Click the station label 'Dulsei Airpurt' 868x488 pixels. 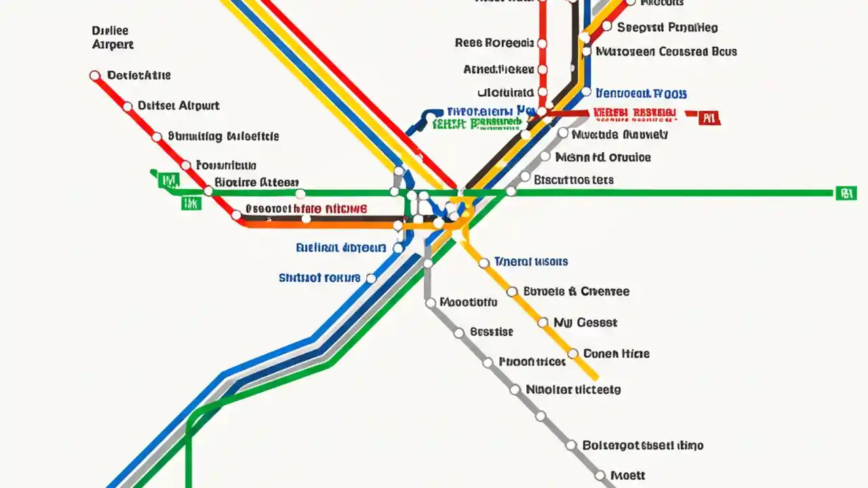pos(178,106)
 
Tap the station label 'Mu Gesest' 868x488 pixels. pos(585,323)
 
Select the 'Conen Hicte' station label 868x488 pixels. pos(616,353)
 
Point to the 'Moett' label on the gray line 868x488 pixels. pos(627,476)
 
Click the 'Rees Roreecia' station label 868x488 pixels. pos(494,43)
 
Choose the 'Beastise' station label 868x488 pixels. pos(492,332)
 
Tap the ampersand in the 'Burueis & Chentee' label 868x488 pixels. pos(573,291)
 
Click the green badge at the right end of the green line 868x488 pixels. pos(844,193)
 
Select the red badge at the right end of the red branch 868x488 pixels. pos(709,119)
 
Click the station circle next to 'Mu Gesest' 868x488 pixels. pos(542,323)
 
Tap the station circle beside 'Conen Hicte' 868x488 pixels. pos(572,353)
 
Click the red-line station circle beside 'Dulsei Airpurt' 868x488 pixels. pos(127,106)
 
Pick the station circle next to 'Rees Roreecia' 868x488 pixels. pos(542,43)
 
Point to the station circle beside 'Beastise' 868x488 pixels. pos(459,333)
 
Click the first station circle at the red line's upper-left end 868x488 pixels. pos(95,76)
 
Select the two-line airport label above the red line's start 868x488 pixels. pos(112,38)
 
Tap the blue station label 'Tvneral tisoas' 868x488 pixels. pos(531,262)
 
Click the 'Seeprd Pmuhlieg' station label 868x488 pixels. pos(667,28)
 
